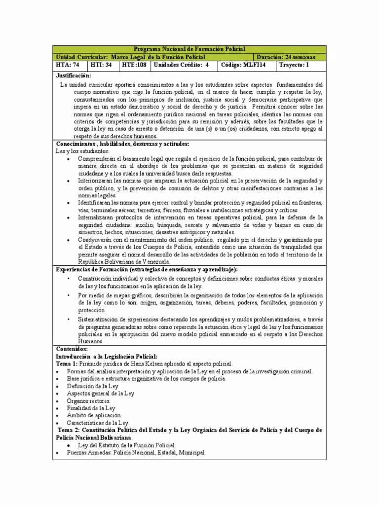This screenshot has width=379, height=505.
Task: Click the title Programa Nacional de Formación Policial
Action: (x=189, y=49)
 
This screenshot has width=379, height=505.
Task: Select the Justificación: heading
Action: (x=74, y=75)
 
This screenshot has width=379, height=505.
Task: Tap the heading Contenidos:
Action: (x=72, y=349)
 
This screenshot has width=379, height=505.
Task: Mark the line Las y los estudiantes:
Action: (x=82, y=150)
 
